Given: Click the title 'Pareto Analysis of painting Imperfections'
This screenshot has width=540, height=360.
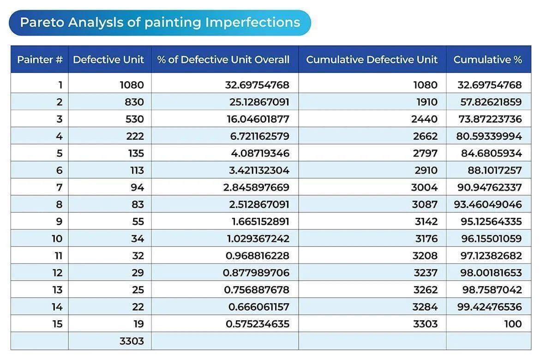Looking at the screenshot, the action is [x=160, y=23].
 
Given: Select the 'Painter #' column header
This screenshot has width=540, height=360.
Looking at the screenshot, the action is [x=40, y=60].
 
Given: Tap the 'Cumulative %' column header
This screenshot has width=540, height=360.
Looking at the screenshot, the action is [x=488, y=60].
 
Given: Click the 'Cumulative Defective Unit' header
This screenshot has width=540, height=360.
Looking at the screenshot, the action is [x=372, y=60].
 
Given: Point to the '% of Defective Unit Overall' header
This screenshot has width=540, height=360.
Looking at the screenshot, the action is [x=223, y=60].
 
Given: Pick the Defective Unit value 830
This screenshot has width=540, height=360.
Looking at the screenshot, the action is [x=134, y=102].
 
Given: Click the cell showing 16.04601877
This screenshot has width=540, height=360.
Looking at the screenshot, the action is [x=258, y=119].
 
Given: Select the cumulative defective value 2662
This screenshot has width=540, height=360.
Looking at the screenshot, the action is [x=426, y=136].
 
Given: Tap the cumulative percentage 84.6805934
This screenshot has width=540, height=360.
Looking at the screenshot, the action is [x=492, y=153].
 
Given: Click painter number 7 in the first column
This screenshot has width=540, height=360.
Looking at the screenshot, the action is [x=59, y=187].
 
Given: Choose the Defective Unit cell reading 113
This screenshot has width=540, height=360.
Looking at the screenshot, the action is [x=137, y=170].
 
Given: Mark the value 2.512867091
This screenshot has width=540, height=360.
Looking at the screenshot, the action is [x=259, y=204].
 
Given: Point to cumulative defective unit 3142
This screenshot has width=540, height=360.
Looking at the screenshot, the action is [x=426, y=222].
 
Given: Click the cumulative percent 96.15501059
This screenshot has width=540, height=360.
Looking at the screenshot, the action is [x=492, y=239].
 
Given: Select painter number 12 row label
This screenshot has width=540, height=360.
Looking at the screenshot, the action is [x=58, y=273].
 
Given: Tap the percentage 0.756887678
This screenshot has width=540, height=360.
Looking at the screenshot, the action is [x=257, y=290].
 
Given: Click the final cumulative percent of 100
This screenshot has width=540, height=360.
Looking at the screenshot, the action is [x=513, y=324].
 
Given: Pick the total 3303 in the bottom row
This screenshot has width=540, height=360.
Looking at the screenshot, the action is [x=132, y=341].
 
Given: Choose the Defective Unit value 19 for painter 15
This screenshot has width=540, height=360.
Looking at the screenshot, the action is [x=139, y=324].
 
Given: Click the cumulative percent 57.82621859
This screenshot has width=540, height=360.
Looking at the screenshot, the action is [x=491, y=102].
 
